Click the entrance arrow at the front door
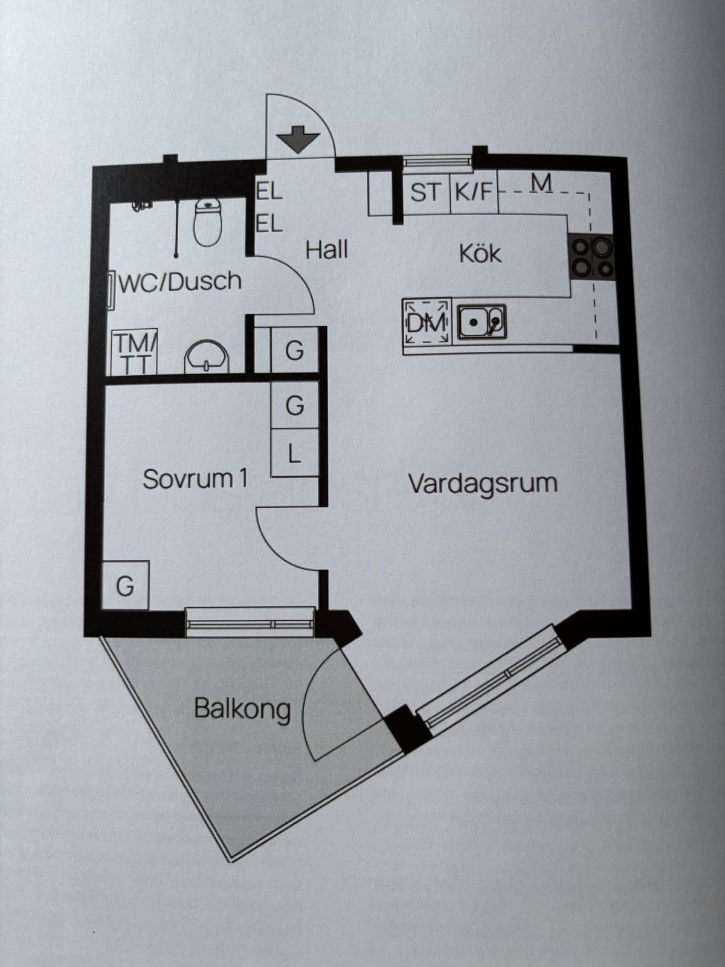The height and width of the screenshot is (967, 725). pyautogui.click(x=298, y=139)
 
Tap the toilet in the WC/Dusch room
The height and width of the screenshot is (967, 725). pyautogui.click(x=208, y=222)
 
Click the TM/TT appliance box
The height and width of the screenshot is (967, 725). pyautogui.click(x=134, y=352)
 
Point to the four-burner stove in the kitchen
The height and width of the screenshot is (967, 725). pyautogui.click(x=593, y=256)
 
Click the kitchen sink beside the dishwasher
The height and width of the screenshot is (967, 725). pyautogui.click(x=482, y=322)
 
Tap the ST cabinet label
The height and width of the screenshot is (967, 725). pyautogui.click(x=425, y=192)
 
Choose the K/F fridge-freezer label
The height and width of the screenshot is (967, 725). pyautogui.click(x=473, y=192)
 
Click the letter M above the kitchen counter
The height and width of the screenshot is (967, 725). pyautogui.click(x=541, y=183)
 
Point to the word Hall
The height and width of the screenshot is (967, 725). pyautogui.click(x=327, y=250)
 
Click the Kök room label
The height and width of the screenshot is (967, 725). pyautogui.click(x=480, y=254)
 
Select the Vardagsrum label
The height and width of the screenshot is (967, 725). pyautogui.click(x=483, y=483)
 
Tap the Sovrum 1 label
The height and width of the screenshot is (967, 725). pyautogui.click(x=195, y=479)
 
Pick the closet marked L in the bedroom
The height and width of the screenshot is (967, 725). pyautogui.click(x=294, y=453)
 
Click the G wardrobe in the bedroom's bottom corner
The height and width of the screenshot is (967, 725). pyautogui.click(x=126, y=585)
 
